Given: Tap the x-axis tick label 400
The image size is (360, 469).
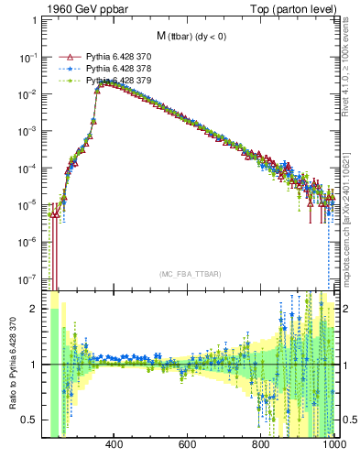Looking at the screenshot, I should [x=115, y=446].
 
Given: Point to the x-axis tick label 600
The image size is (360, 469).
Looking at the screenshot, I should [x=188, y=446].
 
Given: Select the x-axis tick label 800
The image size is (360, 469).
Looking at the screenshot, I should [x=261, y=446].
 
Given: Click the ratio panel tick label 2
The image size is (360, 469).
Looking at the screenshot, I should [x=34, y=310].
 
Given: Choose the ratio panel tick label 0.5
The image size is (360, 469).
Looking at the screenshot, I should [x=30, y=420].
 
